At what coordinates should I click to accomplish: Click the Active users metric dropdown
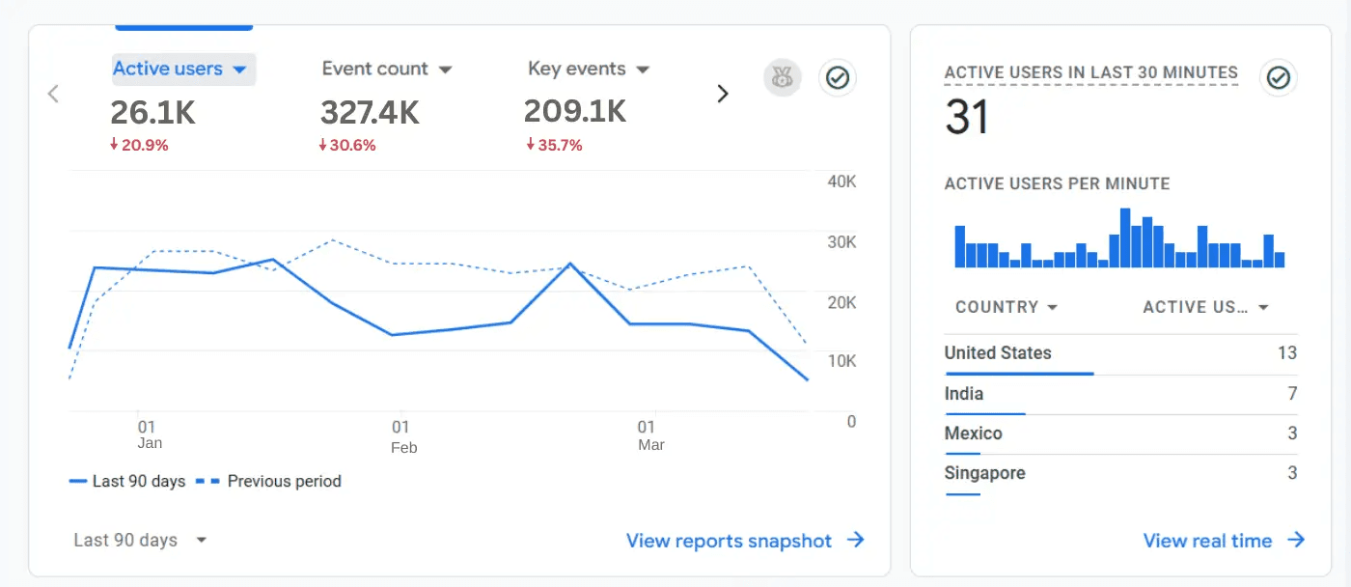[181, 70]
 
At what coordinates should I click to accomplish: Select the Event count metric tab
[386, 70]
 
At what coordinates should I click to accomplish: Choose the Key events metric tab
[588, 70]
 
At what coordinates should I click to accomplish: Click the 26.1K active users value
[152, 113]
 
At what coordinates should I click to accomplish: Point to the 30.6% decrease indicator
[347, 146]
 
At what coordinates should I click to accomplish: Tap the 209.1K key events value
[574, 112]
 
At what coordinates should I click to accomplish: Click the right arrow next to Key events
[722, 94]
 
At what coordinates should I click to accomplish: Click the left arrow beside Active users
[54, 94]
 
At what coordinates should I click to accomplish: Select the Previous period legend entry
[269, 481]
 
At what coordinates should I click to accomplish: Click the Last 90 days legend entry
[127, 481]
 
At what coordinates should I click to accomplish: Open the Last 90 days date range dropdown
[140, 541]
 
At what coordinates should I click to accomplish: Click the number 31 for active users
[967, 118]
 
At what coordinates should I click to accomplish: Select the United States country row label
[998, 353]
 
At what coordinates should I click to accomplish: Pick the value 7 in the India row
[1292, 394]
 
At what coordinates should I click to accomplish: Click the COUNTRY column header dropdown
[1006, 307]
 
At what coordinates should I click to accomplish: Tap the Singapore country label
[984, 473]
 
